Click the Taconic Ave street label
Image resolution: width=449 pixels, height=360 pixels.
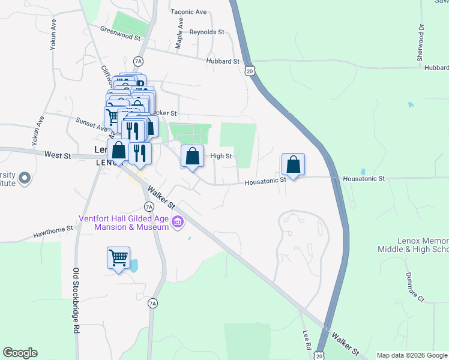[188, 12]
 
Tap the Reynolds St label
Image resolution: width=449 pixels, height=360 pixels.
[206, 32]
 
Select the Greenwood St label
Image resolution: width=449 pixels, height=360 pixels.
[120, 32]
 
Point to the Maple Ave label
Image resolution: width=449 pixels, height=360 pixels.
[179, 33]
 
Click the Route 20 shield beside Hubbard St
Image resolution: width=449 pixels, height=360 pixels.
[251, 70]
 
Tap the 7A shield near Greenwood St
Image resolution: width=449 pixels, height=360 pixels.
[139, 61]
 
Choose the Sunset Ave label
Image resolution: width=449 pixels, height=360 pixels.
[91, 124]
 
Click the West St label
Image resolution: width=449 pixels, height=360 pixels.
[58, 155]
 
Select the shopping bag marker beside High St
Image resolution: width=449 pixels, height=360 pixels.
[192, 157]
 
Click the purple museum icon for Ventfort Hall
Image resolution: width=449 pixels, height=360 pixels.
[177, 223]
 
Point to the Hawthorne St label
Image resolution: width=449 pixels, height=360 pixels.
[53, 231]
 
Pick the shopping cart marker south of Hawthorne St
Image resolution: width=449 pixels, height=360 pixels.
[118, 258]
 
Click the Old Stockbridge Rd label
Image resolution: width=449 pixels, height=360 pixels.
[76, 300]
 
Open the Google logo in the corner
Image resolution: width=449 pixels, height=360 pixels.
[20, 353]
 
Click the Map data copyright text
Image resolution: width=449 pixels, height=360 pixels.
[412, 355]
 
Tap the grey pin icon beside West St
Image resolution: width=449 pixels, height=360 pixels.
[24, 178]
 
